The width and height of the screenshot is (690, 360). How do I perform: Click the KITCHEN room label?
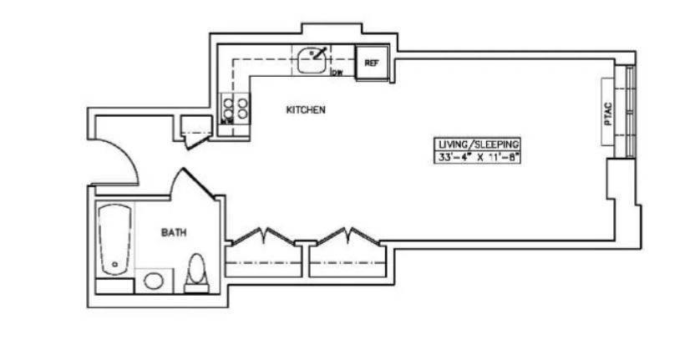click(306, 109)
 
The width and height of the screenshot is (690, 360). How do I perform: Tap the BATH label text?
click(174, 233)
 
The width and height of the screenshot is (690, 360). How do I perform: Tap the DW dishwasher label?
click(337, 73)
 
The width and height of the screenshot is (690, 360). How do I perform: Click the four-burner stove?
click(235, 108)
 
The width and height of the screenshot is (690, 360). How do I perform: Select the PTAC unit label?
click(608, 113)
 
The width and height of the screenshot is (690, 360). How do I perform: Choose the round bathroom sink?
click(154, 280)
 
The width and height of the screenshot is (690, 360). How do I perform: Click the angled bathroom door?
click(198, 182)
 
